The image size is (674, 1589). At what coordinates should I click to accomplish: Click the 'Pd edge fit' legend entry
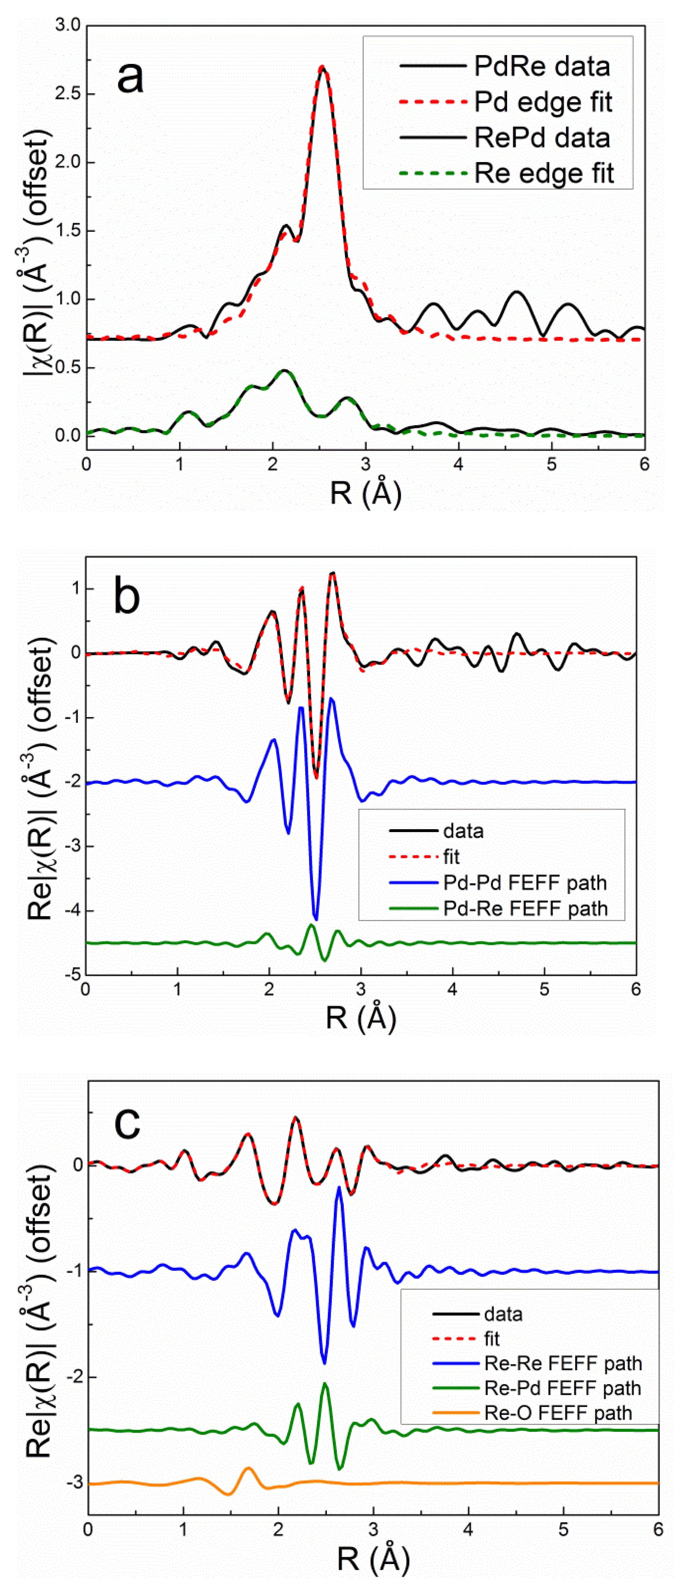pos(543,102)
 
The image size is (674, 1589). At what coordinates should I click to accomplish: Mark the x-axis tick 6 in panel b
pos(636,989)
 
